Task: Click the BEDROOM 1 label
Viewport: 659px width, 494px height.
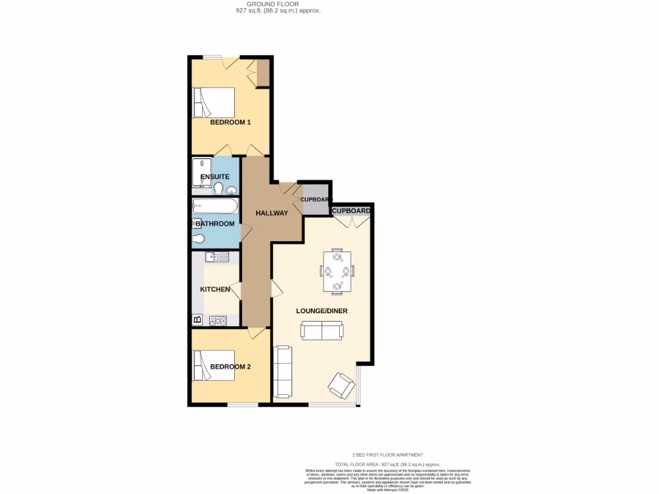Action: [230, 122]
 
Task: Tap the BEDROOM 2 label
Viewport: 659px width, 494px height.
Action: [230, 367]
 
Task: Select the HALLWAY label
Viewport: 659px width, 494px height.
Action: [271, 213]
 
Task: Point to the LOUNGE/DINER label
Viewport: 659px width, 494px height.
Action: [322, 311]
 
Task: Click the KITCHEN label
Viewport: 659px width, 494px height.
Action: [215, 289]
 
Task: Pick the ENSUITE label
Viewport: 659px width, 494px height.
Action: [215, 177]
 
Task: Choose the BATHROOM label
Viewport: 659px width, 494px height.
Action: [215, 224]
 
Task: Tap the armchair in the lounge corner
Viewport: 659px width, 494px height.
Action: [341, 386]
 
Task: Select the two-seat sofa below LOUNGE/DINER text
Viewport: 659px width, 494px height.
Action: [322, 331]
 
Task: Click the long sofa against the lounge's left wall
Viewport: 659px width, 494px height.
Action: [283, 372]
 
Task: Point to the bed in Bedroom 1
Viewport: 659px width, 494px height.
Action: [214, 103]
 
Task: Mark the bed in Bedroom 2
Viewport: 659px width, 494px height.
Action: [214, 365]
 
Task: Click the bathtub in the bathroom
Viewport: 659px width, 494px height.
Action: [214, 207]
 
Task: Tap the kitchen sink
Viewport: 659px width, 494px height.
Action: [217, 257]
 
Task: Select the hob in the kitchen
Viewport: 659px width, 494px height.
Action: [219, 319]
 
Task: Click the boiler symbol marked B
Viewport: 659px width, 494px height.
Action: [197, 319]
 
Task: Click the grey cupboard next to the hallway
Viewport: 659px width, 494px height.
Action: [315, 199]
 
